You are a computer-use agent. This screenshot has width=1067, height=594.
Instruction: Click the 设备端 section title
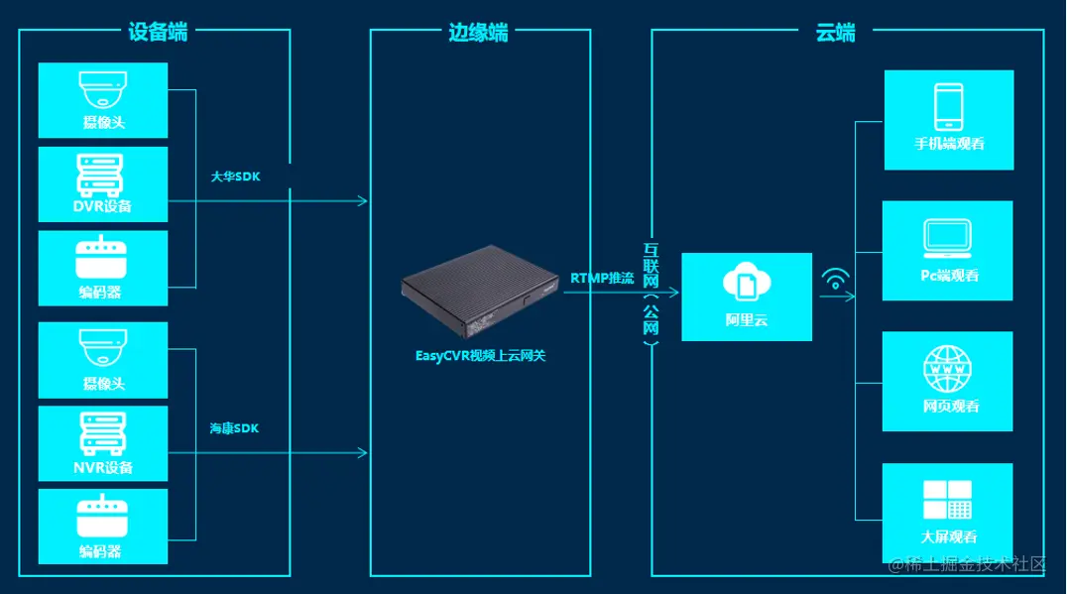pyautogui.click(x=158, y=31)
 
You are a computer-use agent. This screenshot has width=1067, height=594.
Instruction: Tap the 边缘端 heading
pyautogui.click(x=478, y=32)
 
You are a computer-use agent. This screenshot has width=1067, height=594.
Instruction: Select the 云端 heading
pyautogui.click(x=835, y=32)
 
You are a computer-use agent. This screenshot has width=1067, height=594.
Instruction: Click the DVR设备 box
pyautogui.click(x=103, y=184)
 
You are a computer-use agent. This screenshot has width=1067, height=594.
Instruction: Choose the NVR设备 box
pyautogui.click(x=103, y=443)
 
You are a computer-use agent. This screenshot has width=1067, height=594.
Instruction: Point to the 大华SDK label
pyautogui.click(x=234, y=176)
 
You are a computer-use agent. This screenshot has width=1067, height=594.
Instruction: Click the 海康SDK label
pyautogui.click(x=234, y=428)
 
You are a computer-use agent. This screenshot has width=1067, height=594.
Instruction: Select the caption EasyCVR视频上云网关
pyautogui.click(x=480, y=355)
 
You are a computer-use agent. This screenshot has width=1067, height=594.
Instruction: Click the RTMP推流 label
pyautogui.click(x=602, y=279)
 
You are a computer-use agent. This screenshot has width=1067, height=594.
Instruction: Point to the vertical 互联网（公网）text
pyautogui.click(x=651, y=294)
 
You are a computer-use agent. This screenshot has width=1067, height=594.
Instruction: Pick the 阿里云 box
pyautogui.click(x=746, y=297)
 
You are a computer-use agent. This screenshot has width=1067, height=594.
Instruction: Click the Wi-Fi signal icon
pyautogui.click(x=835, y=281)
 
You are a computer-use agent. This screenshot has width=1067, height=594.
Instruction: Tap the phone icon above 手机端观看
pyautogui.click(x=948, y=106)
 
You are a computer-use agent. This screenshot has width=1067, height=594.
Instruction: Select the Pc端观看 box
pyautogui.click(x=947, y=251)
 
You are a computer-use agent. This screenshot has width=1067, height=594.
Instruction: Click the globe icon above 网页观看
pyautogui.click(x=947, y=369)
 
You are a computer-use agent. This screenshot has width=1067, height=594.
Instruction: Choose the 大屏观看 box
pyautogui.click(x=947, y=512)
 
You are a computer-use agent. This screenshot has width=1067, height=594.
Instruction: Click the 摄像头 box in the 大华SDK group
pyautogui.click(x=103, y=100)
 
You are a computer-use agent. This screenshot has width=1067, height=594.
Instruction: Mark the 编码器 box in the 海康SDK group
pyautogui.click(x=103, y=527)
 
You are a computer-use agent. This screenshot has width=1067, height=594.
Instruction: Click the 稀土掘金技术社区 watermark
pyautogui.click(x=967, y=565)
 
